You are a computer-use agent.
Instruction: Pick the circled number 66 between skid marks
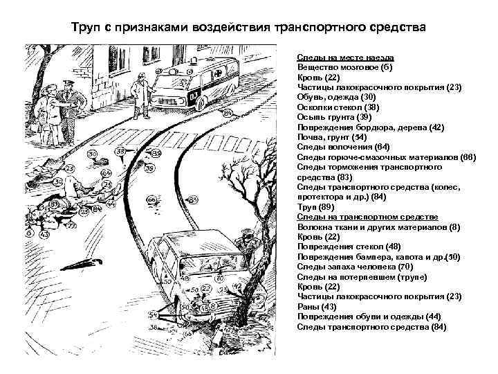tap(151, 199)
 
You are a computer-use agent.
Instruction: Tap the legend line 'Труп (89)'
tap(315, 207)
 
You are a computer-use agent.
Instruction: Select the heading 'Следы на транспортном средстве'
tap(358, 217)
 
